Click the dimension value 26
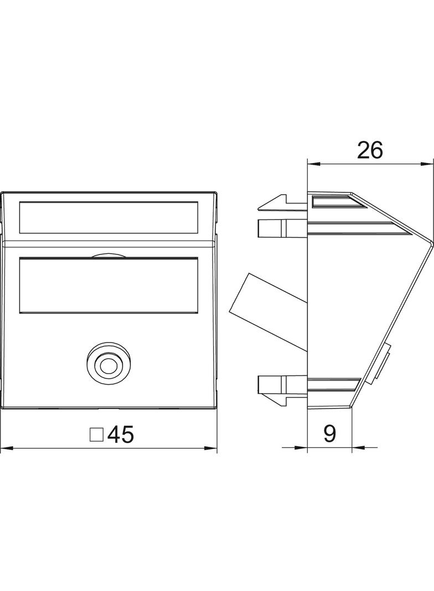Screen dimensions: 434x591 click(370, 150)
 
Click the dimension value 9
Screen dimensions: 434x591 click(329, 434)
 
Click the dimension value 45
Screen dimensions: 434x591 click(121, 435)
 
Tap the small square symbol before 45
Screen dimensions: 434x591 click(96, 435)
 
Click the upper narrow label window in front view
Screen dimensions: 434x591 click(108, 217)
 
